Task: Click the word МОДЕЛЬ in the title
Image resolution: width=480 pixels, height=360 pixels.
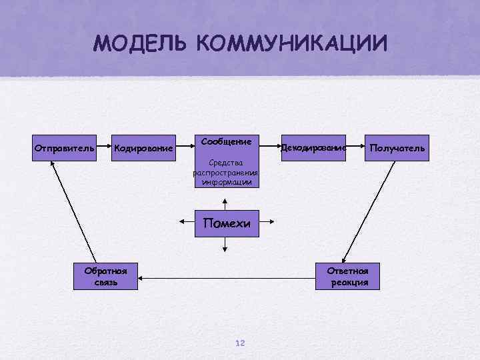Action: tap(141, 44)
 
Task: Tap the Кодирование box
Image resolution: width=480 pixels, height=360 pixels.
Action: tap(143, 147)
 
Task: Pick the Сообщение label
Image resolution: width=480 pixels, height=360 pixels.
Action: tap(226, 141)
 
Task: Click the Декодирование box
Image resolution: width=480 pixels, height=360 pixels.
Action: tap(313, 147)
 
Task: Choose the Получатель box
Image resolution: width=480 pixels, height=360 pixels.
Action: tap(397, 147)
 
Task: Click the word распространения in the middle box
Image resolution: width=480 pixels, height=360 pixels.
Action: tap(226, 173)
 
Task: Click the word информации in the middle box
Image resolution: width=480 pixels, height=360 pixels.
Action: tap(226, 181)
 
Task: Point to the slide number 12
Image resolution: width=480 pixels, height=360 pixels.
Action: tap(240, 343)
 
